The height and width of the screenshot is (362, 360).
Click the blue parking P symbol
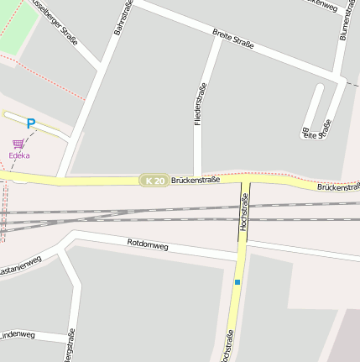click(31, 124)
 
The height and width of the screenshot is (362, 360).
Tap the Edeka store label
click(19, 155)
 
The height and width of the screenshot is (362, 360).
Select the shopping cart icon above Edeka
click(18, 144)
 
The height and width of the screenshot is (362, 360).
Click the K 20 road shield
click(154, 181)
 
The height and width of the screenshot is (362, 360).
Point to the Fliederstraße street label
click(200, 104)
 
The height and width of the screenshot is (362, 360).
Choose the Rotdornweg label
click(148, 245)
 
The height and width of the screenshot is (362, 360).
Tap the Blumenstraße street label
click(345, 20)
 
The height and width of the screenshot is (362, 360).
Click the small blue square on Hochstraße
click(237, 282)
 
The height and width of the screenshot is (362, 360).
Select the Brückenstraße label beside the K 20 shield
click(195, 180)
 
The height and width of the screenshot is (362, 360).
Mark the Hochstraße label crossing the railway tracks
click(244, 212)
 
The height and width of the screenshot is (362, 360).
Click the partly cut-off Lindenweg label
click(17, 335)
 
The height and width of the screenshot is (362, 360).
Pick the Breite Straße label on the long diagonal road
click(232, 38)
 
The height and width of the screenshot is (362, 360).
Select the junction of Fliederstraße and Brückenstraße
click(199, 178)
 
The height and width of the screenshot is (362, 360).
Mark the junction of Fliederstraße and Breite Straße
click(221, 40)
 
